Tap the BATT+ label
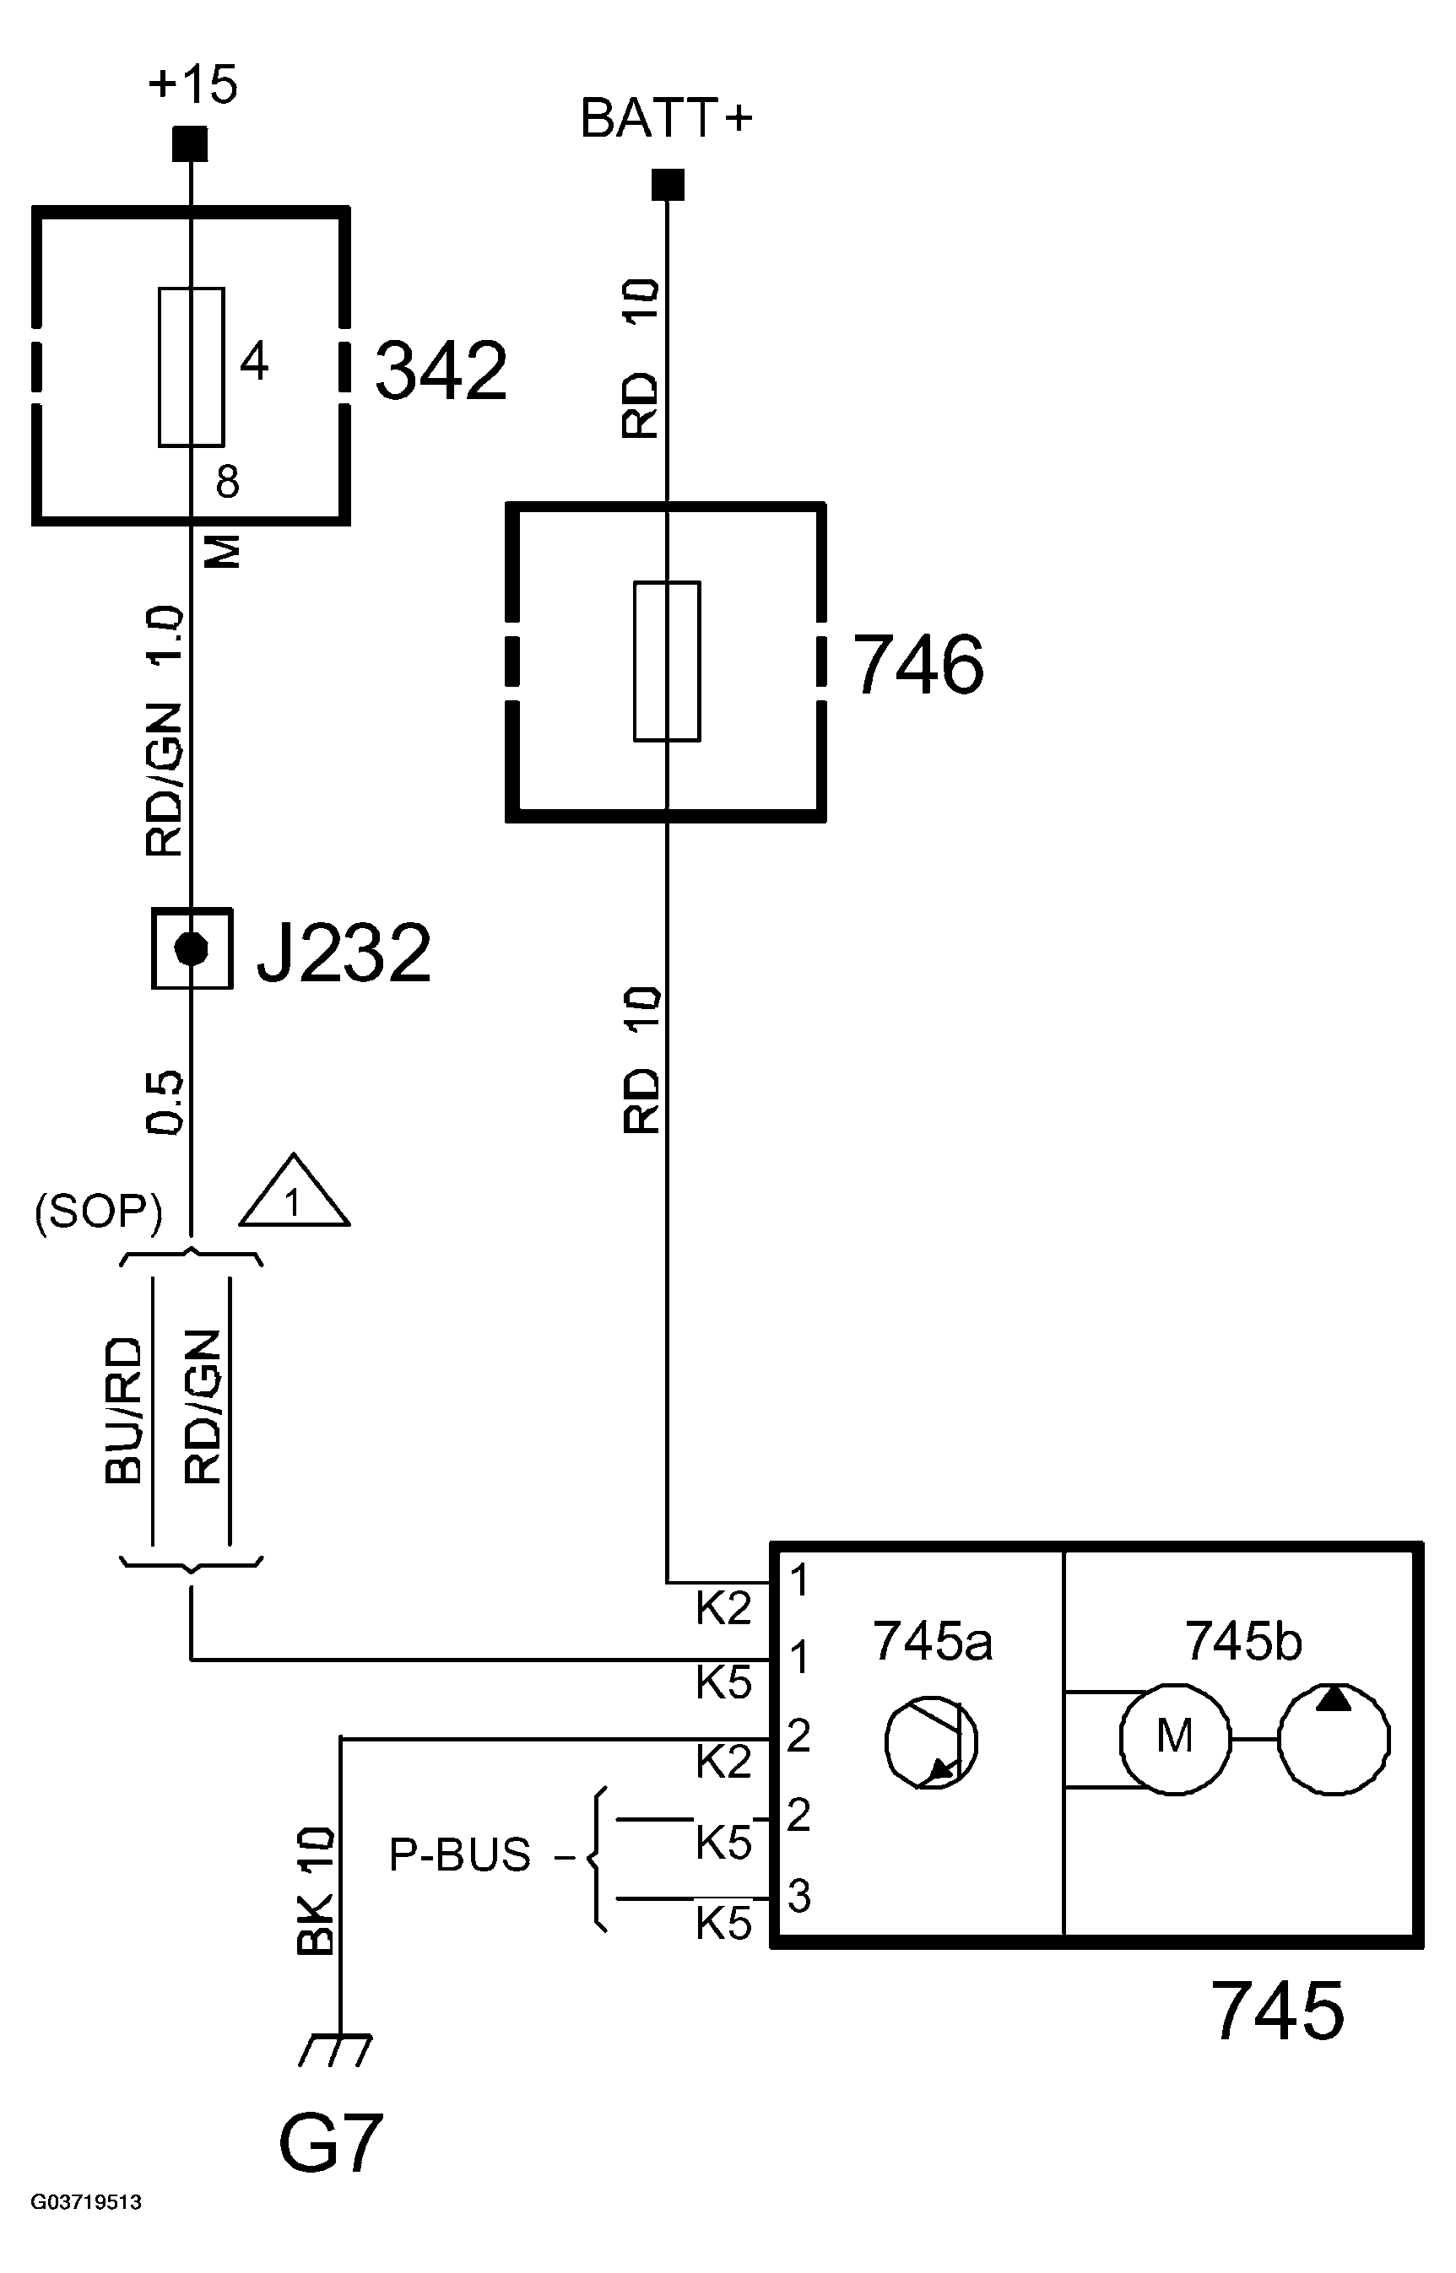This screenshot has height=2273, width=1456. pyautogui.click(x=666, y=120)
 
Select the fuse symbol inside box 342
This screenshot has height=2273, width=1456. pyautogui.click(x=191, y=367)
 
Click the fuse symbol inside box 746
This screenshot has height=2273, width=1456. pyautogui.click(x=667, y=661)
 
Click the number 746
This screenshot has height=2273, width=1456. pyautogui.click(x=917, y=667)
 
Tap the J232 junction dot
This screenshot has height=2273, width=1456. pyautogui.click(x=192, y=949)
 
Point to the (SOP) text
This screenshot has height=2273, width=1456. pyautogui.click(x=98, y=1211)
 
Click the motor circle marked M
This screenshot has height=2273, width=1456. pyautogui.click(x=1175, y=1737)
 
